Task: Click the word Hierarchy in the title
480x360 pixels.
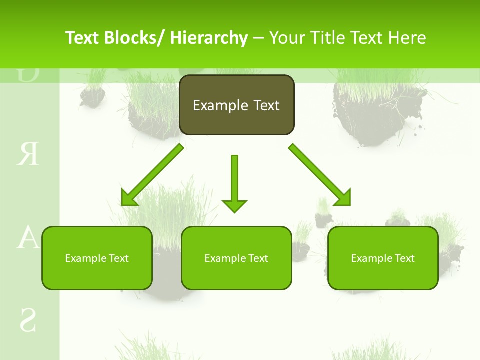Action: (x=209, y=38)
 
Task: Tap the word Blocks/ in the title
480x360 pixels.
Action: (x=135, y=38)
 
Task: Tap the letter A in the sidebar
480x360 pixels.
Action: (x=28, y=238)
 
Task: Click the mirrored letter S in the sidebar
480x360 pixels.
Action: (x=28, y=320)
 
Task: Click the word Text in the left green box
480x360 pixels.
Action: (x=118, y=258)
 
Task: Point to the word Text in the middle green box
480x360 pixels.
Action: (x=258, y=258)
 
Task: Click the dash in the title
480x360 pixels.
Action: (x=258, y=38)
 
